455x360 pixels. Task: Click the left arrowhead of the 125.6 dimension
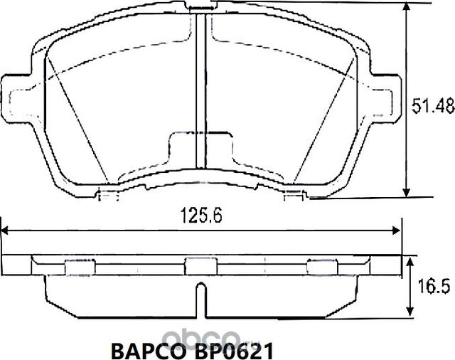pos(7,231)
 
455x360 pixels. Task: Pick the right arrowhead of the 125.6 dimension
pos(395,231)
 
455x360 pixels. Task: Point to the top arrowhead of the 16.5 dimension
pos(409,262)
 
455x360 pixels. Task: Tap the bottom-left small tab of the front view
pos(107,194)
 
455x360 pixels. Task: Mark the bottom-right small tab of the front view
pos(294,194)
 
